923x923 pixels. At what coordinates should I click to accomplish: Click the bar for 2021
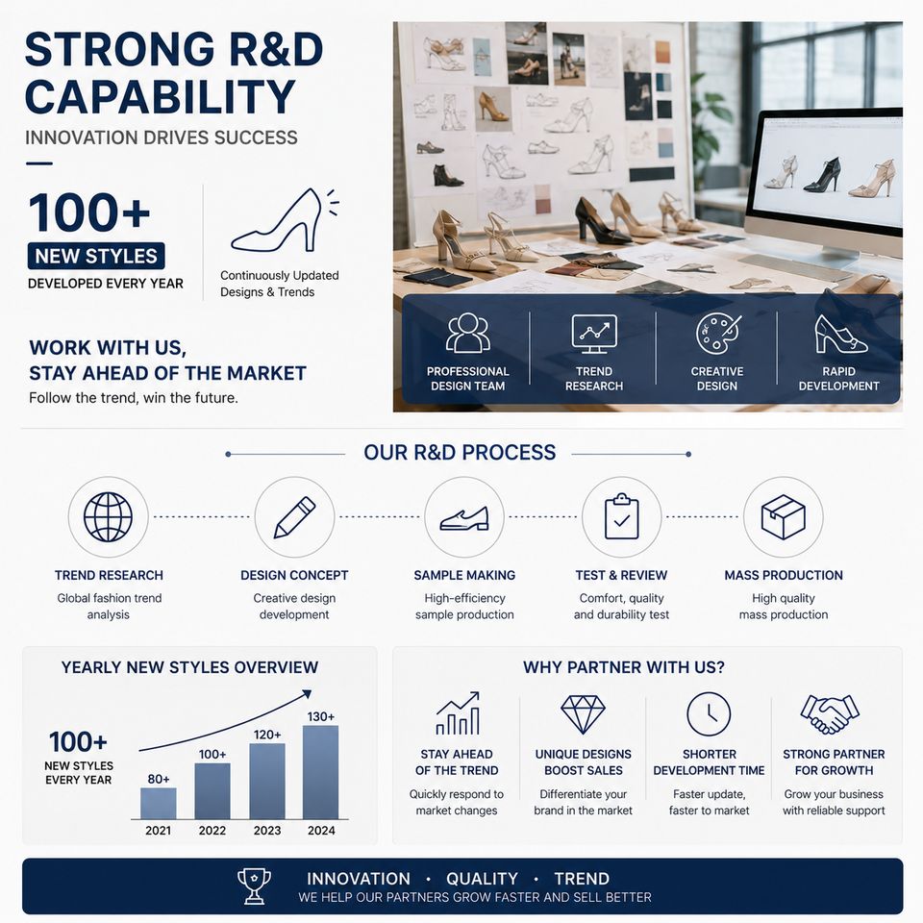point(159,803)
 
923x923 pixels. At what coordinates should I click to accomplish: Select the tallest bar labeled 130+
point(321,772)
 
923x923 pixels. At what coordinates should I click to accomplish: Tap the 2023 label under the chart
point(267,831)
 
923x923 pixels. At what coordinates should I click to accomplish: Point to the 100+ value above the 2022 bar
point(212,754)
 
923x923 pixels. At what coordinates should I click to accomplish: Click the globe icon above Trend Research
point(109,517)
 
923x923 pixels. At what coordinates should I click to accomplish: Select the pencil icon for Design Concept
point(295,517)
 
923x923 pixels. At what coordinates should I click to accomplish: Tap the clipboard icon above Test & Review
point(622,517)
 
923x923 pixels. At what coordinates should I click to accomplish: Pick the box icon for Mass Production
point(783,517)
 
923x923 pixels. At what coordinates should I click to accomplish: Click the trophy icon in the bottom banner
point(254,886)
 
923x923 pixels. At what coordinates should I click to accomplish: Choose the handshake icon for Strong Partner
point(829,714)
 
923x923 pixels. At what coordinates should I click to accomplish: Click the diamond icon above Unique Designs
point(583,714)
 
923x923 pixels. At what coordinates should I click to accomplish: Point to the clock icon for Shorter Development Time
point(709,714)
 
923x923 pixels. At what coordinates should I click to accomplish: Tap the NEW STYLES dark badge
point(96,256)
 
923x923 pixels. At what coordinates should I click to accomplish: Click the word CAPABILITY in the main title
point(161,96)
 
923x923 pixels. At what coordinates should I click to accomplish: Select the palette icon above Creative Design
point(717,334)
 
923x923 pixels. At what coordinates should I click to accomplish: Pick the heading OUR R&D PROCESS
point(460,452)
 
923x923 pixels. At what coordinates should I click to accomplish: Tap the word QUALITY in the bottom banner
point(482,879)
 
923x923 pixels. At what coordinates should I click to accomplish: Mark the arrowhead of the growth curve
point(307,694)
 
